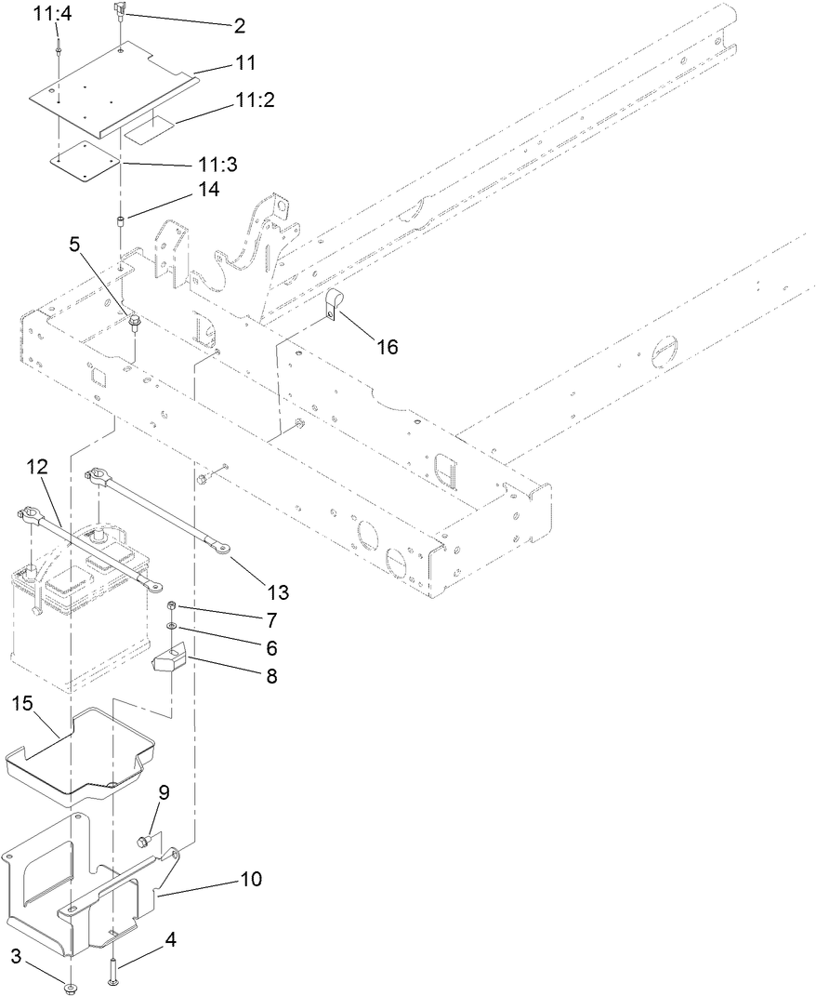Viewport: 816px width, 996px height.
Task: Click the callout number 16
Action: coord(387,347)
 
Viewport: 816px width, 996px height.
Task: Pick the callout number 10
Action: coord(251,879)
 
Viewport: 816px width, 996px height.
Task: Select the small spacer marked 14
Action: coord(120,220)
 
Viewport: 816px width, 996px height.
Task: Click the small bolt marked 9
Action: coord(142,842)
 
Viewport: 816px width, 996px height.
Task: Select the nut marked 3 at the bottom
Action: coord(71,988)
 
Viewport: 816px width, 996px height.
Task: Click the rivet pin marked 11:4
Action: coord(58,46)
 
